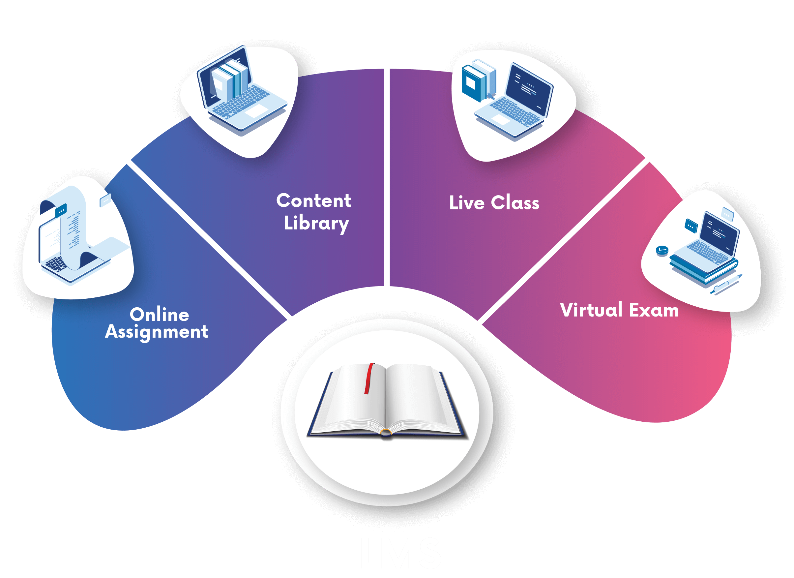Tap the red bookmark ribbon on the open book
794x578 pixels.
(368, 378)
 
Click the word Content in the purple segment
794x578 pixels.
(313, 201)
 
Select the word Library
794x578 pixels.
(316, 223)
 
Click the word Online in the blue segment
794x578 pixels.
(159, 314)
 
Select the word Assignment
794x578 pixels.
(157, 331)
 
